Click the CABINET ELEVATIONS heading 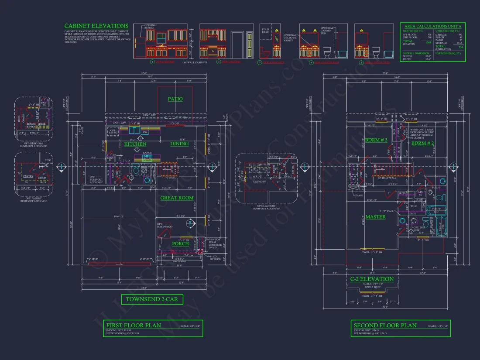(96, 26)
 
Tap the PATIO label (175, 99)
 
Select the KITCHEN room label (135, 144)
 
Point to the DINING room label (179, 144)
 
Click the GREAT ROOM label (177, 198)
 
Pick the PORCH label (180, 243)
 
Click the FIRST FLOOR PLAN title (134, 325)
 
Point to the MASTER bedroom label (375, 217)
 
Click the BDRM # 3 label (376, 140)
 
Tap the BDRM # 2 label (423, 143)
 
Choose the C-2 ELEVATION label (372, 279)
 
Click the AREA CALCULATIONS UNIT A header (432, 26)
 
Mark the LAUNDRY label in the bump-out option (259, 182)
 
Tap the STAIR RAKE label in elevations (265, 31)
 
